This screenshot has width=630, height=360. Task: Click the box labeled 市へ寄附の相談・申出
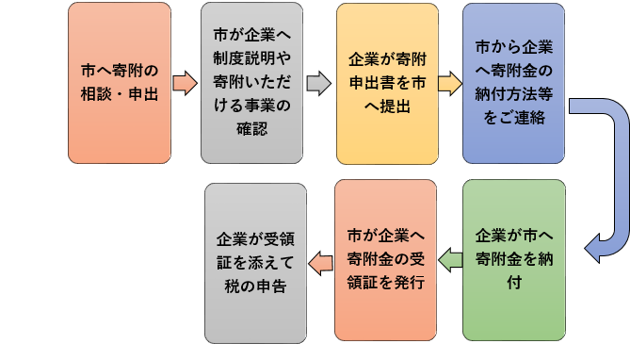pyautogui.click(x=120, y=83)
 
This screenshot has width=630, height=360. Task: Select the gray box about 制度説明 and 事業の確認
pyautogui.click(x=252, y=83)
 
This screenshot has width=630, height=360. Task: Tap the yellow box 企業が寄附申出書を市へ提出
pyautogui.click(x=387, y=83)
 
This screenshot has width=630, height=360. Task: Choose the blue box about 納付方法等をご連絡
pyautogui.click(x=513, y=83)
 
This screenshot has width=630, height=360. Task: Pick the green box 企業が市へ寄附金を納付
pyautogui.click(x=513, y=259)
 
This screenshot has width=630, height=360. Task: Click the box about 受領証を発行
pyautogui.click(x=386, y=259)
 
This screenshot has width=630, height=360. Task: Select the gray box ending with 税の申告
pyautogui.click(x=255, y=259)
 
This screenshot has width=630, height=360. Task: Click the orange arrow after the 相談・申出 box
pyautogui.click(x=185, y=83)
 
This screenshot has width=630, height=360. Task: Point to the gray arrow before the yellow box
pyautogui.click(x=319, y=83)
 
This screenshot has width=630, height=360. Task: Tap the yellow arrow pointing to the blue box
pyautogui.click(x=449, y=83)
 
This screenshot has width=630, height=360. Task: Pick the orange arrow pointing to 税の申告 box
pyautogui.click(x=320, y=259)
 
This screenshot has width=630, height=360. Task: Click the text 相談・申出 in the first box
pyautogui.click(x=120, y=94)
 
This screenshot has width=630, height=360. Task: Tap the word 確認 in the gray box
pyautogui.click(x=252, y=128)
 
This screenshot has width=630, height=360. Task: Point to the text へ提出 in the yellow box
pyautogui.click(x=387, y=106)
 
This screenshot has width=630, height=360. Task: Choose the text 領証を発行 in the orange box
pyautogui.click(x=386, y=282)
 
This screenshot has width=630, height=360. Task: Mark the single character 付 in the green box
pyautogui.click(x=513, y=282)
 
